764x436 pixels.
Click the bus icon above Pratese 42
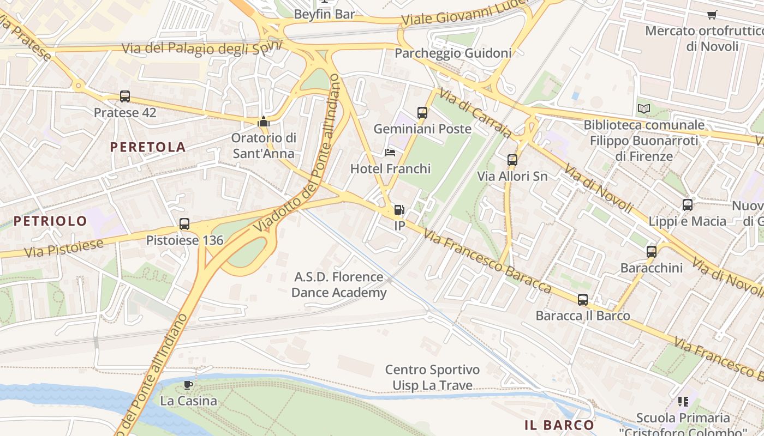[125, 96]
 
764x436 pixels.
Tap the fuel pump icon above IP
[399, 210]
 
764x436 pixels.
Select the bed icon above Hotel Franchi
[390, 152]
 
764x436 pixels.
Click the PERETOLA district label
[148, 147]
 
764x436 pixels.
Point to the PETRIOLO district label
[50, 221]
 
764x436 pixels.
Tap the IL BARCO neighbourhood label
[559, 425]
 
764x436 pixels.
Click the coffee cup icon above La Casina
[188, 385]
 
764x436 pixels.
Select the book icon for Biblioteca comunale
[644, 108]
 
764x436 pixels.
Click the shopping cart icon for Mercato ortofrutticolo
[712, 15]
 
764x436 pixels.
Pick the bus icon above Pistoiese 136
[184, 223]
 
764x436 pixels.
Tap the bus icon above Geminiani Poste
[422, 113]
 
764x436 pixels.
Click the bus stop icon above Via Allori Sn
[512, 160]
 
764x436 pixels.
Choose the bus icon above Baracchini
[651, 252]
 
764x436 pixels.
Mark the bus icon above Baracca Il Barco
[583, 300]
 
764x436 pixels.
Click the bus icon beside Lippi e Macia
[688, 205]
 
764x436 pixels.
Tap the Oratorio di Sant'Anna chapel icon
[264, 122]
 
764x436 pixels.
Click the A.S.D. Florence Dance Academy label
[339, 284]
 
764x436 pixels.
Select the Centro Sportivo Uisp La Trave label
[432, 378]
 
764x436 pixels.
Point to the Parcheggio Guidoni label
[453, 53]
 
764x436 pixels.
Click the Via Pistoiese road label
[64, 248]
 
